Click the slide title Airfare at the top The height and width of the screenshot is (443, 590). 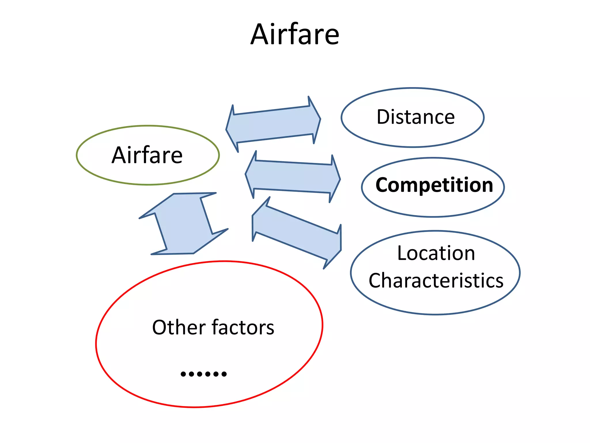click(295, 35)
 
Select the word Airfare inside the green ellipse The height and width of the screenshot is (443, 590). click(147, 155)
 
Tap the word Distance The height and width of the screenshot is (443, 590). click(415, 117)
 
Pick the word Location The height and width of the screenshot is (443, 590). click(436, 253)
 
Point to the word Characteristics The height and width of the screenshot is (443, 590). click(436, 281)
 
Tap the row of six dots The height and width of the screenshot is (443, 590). click(204, 374)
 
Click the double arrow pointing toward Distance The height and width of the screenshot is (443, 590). click(273, 124)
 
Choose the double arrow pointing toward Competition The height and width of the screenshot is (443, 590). click(293, 177)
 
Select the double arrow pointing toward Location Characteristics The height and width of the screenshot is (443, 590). click(297, 233)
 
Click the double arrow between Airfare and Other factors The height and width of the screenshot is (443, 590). click(184, 224)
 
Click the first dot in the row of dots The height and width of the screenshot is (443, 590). click(183, 374)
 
